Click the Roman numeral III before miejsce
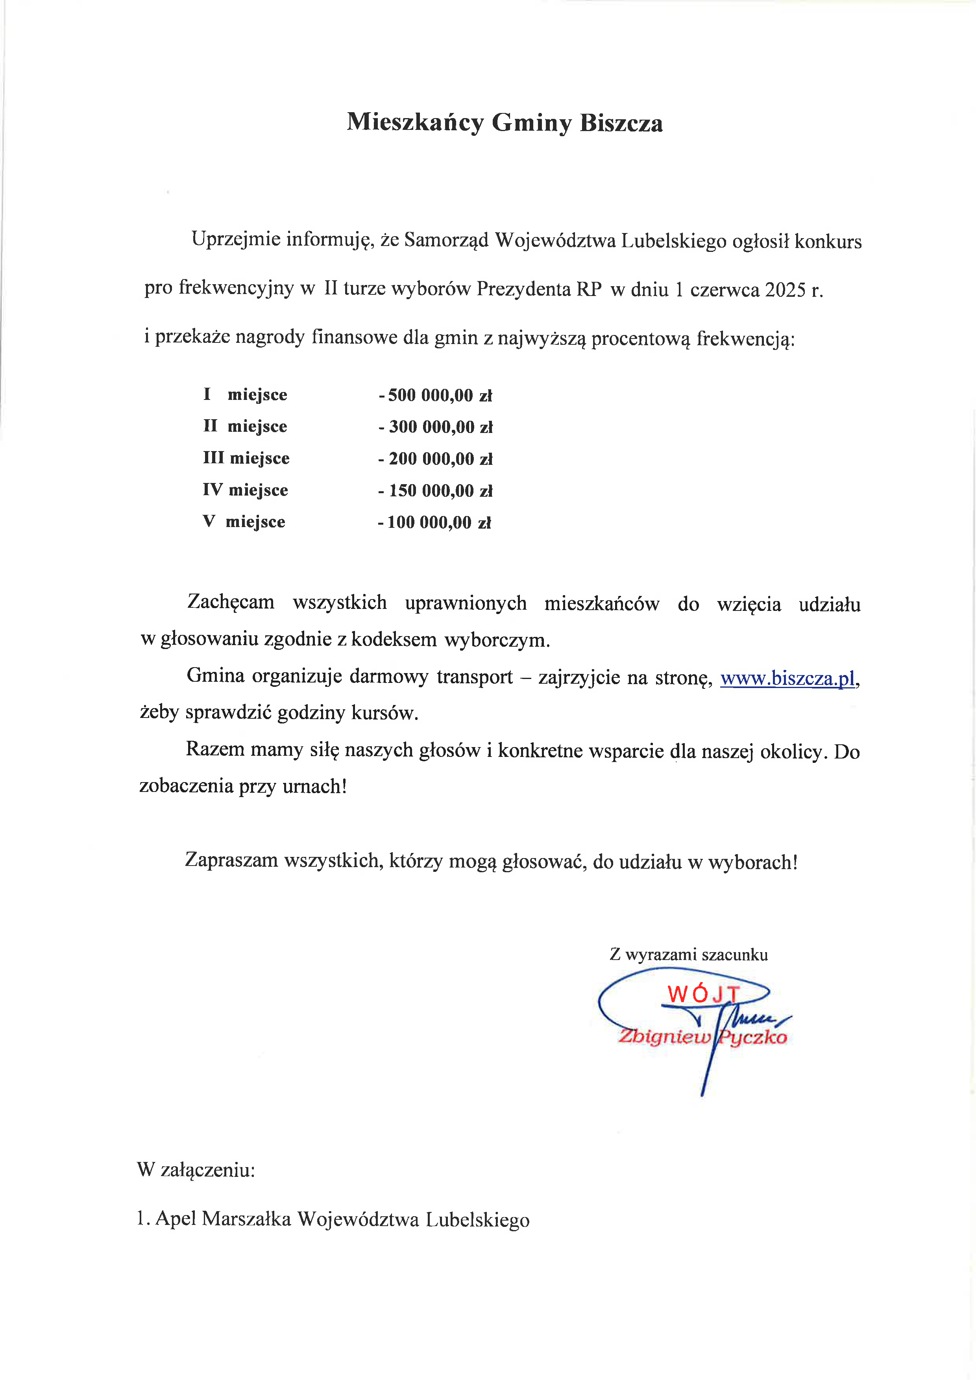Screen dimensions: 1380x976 click(213, 458)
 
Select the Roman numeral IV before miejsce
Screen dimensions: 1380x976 click(213, 490)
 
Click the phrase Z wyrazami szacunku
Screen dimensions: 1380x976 click(689, 955)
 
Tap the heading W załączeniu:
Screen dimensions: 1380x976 click(196, 1170)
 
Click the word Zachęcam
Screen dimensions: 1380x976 click(231, 602)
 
